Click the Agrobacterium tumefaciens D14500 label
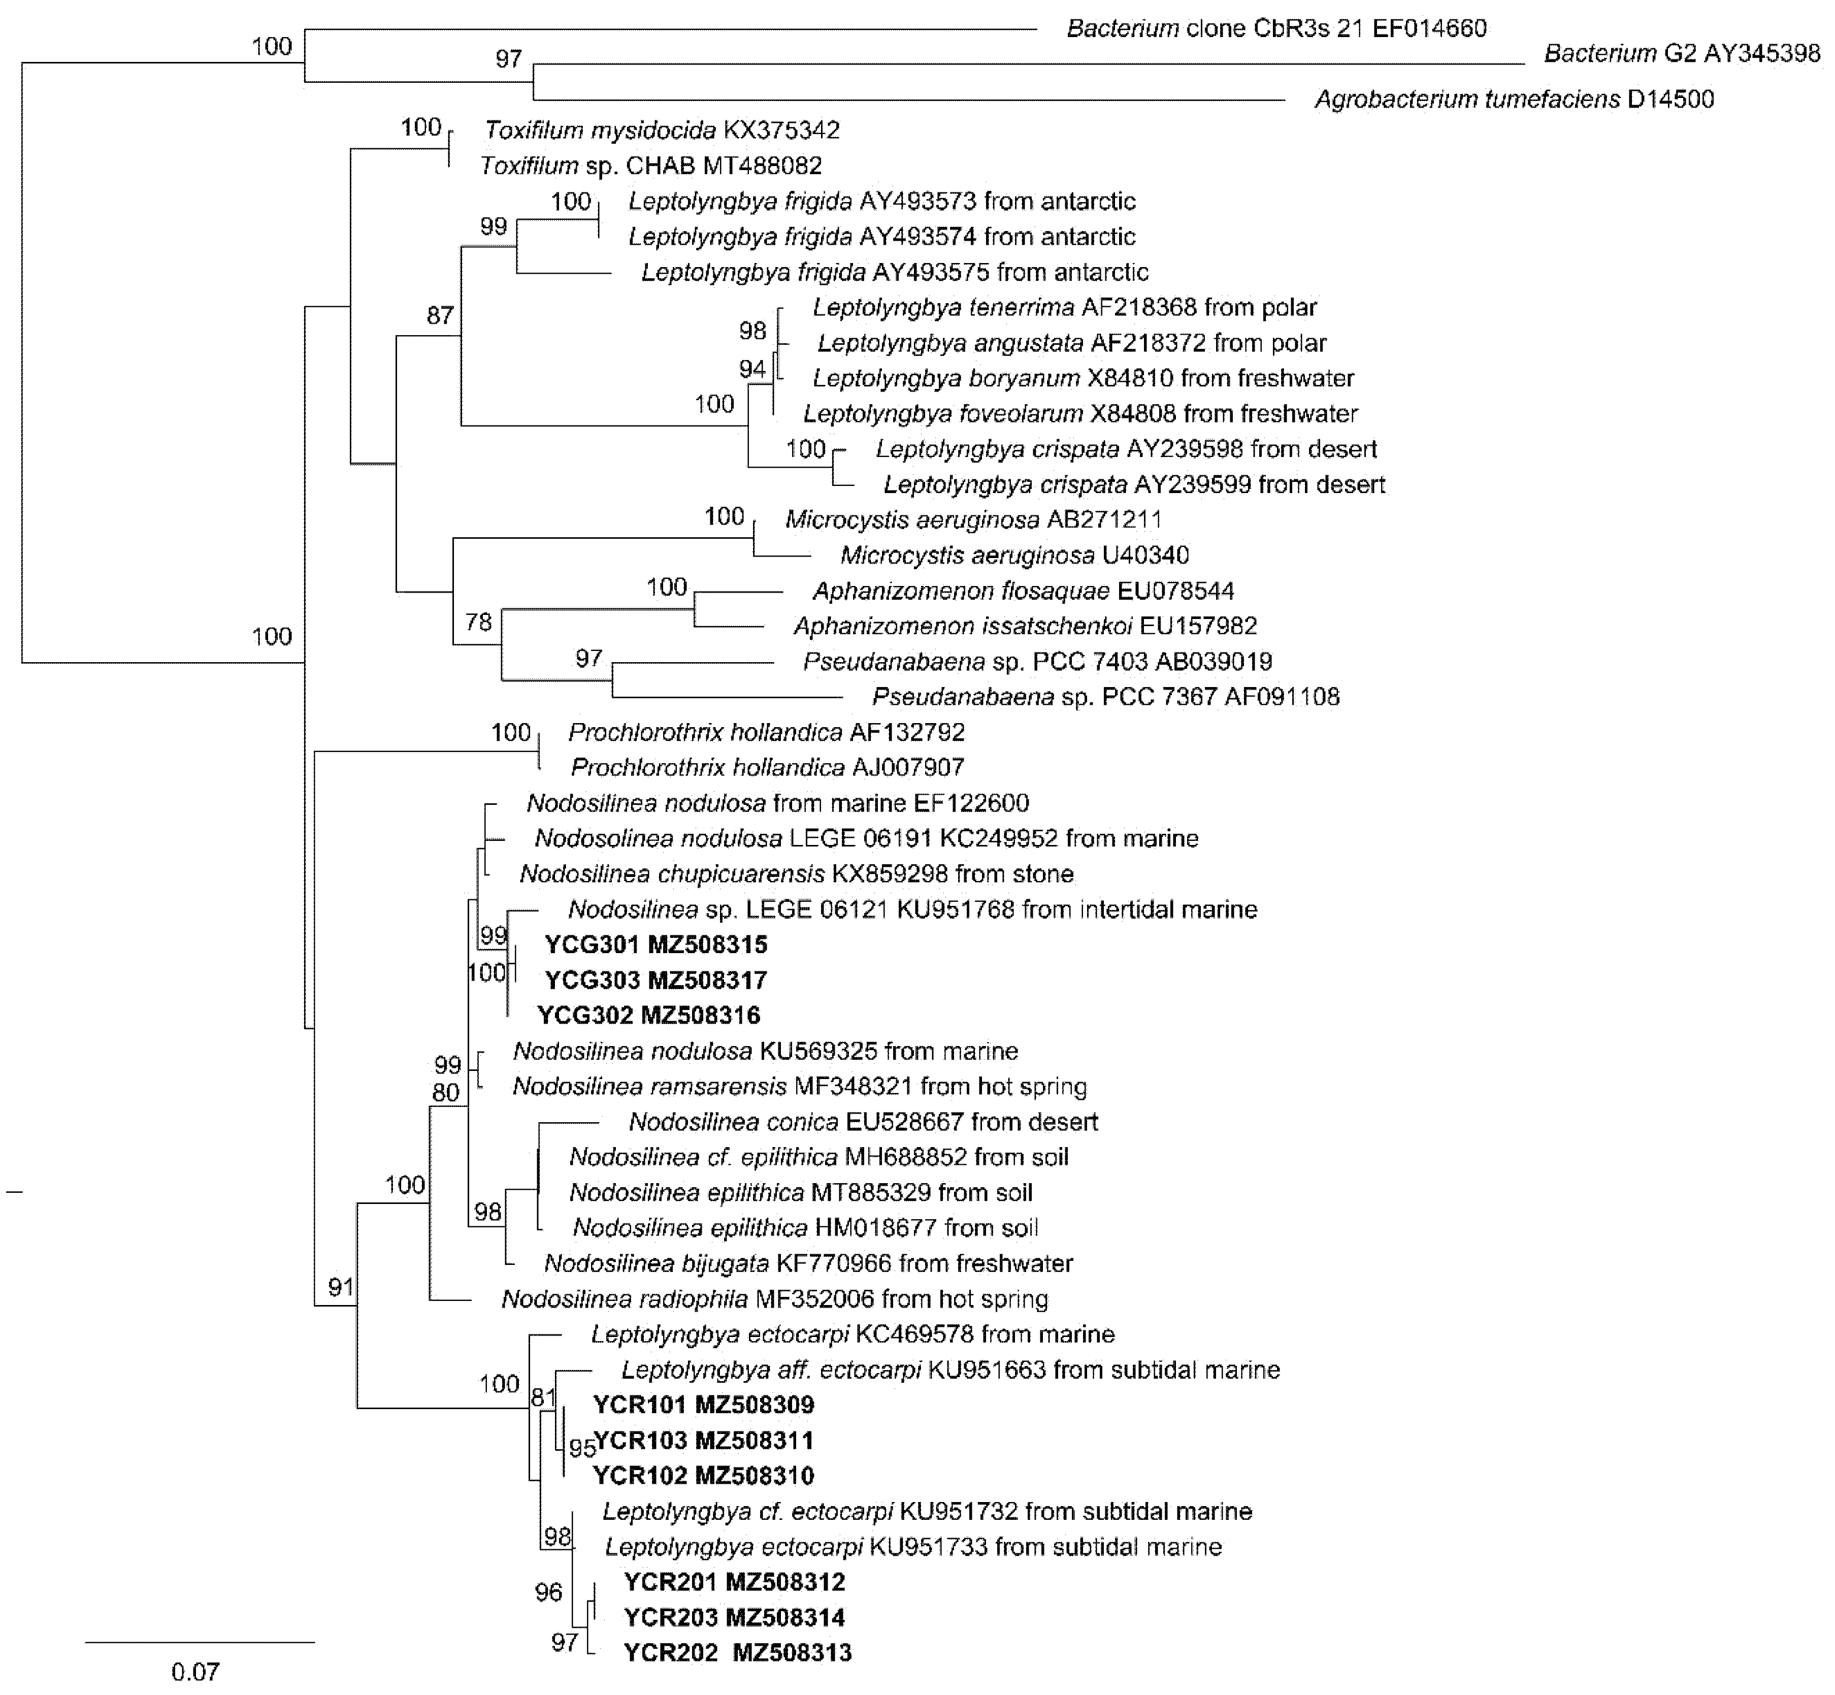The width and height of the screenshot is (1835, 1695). tap(1514, 99)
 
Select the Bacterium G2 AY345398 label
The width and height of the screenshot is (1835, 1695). tap(1682, 53)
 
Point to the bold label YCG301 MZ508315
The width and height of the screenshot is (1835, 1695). tap(656, 944)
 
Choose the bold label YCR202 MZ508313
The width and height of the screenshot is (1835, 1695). tap(737, 1653)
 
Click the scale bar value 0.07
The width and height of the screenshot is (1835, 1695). tap(195, 1671)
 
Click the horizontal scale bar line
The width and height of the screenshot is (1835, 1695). tap(200, 1642)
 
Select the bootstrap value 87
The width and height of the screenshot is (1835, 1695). tap(440, 315)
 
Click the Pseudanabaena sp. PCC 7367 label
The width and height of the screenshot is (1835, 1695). tap(1105, 697)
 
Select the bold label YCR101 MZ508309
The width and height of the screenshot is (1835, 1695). tap(703, 1404)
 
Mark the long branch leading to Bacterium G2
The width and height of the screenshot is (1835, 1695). tap(1027, 64)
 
